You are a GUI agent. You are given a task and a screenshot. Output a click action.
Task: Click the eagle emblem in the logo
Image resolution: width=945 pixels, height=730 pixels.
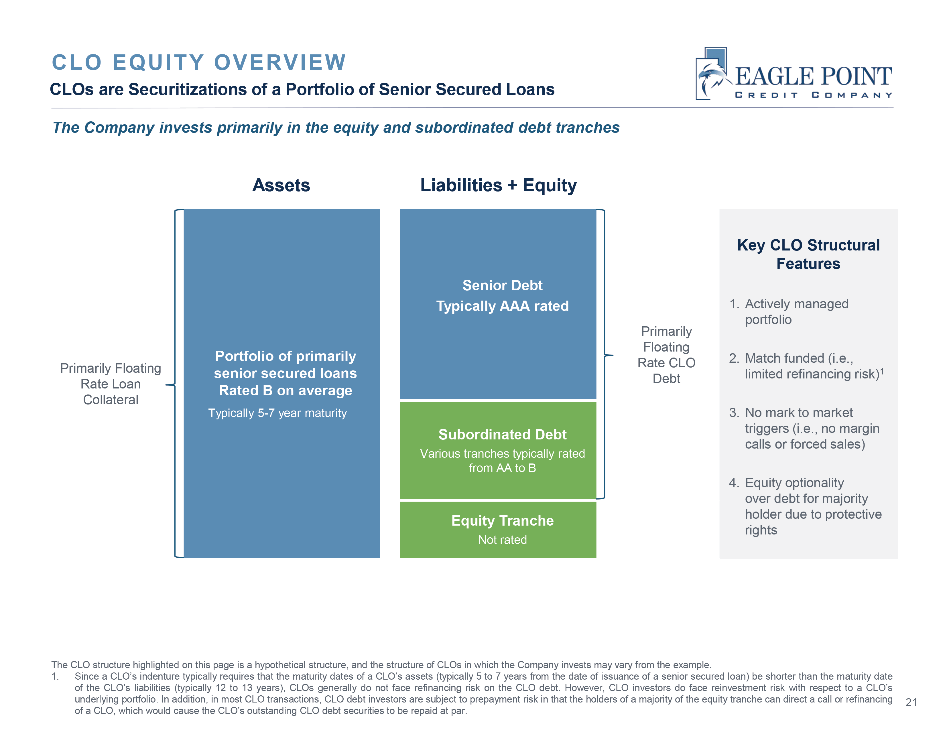[x=712, y=74]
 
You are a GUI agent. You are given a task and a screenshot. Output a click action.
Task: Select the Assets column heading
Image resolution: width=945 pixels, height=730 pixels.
[x=281, y=185]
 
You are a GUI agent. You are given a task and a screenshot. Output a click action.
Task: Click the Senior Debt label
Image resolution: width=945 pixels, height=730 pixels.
[x=502, y=285]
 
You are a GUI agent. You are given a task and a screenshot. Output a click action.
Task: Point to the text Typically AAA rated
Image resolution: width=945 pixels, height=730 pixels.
[x=502, y=306]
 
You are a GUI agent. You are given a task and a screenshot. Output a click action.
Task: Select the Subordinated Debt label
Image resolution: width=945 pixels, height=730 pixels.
[x=502, y=434]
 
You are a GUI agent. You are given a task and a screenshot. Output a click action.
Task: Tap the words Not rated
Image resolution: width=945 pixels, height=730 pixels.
[x=502, y=540]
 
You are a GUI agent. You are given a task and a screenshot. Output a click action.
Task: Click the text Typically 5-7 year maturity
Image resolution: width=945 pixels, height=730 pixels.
[x=277, y=413]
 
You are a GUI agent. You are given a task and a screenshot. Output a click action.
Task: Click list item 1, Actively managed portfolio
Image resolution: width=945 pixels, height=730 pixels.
[x=796, y=311]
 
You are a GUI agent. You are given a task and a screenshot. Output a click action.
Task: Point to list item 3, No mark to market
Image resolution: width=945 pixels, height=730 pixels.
[x=798, y=413]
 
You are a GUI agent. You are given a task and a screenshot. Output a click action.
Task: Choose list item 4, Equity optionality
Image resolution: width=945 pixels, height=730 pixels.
[x=794, y=483]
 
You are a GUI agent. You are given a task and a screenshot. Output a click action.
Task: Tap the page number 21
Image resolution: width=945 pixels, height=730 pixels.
[x=911, y=702]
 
